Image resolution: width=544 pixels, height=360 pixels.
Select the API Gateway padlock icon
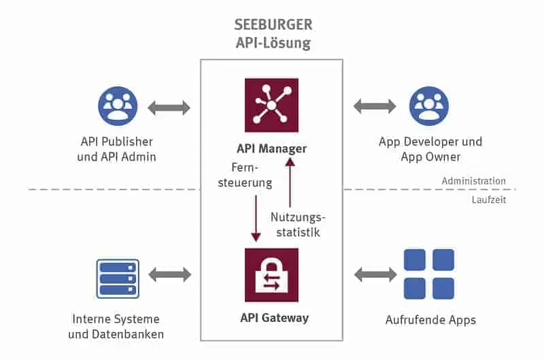[x=271, y=274]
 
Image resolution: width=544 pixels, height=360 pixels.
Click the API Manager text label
[x=271, y=148]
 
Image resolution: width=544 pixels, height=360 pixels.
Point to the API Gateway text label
[x=271, y=318]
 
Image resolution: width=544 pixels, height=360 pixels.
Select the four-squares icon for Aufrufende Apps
[x=428, y=274]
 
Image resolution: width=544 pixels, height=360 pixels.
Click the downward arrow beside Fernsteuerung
[x=256, y=218]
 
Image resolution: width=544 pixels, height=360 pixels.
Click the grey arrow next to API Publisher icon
[x=169, y=106]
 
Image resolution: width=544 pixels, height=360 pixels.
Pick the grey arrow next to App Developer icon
[x=375, y=106]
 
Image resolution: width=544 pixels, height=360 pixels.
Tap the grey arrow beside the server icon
[x=169, y=275]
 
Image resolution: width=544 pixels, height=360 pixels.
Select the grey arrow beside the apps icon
[x=375, y=275]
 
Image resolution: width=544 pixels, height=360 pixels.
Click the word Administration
[x=473, y=181]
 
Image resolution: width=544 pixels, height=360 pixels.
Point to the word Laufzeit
[x=489, y=200]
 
